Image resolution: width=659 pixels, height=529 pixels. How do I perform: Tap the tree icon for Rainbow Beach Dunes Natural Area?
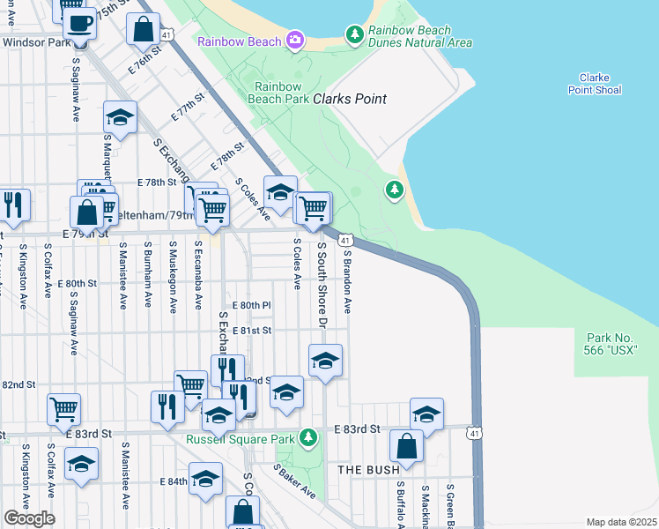click(x=354, y=34)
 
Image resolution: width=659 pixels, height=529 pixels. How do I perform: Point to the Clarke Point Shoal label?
click(x=595, y=84)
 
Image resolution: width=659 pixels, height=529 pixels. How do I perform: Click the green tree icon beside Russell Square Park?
click(x=308, y=437)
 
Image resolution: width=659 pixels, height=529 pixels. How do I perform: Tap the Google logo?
click(x=29, y=518)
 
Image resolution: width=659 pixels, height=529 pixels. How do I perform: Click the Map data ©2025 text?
click(x=622, y=522)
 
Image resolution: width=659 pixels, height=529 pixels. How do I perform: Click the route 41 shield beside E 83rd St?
click(x=475, y=433)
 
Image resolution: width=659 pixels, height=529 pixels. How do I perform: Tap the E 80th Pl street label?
click(x=251, y=304)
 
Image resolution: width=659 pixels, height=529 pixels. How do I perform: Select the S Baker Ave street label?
click(x=296, y=482)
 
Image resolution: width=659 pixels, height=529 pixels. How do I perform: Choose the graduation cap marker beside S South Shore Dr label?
click(x=325, y=361)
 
